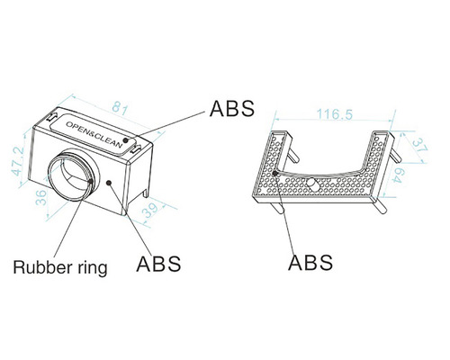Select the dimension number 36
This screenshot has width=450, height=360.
(x=41, y=197)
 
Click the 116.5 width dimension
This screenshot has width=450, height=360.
(x=335, y=114)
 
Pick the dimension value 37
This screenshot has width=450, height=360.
(x=419, y=146)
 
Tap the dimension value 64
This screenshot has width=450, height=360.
(x=399, y=175)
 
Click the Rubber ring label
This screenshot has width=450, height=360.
(x=60, y=267)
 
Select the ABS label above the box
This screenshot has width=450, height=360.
(x=232, y=108)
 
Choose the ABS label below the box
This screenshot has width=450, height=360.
(x=158, y=264)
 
